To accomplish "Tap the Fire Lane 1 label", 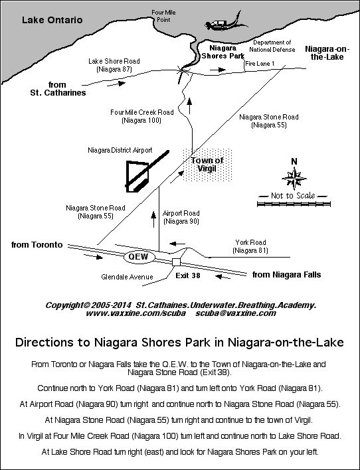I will (259, 63).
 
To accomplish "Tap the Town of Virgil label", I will (208, 165).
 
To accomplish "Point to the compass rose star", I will (293, 179).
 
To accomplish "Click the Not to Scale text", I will (294, 196).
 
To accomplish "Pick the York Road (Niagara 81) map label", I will (250, 247).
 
